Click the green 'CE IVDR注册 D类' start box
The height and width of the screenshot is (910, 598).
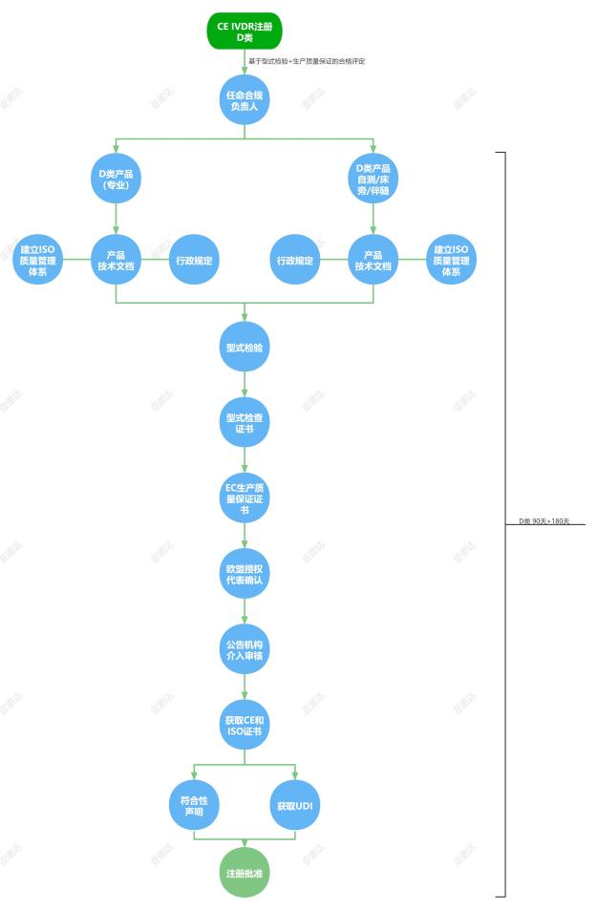245,32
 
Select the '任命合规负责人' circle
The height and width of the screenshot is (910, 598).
245,100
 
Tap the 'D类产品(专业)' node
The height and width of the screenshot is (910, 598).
117,179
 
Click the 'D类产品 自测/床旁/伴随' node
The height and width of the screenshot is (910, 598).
374,179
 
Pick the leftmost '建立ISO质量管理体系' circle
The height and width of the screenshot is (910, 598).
38,260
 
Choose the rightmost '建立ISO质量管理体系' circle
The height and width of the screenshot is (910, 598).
451,260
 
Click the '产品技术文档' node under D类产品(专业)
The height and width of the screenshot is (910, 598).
117,260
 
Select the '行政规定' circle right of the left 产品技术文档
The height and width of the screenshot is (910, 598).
194,260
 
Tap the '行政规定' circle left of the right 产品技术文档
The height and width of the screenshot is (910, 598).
295,260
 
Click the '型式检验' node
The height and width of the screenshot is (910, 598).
245,347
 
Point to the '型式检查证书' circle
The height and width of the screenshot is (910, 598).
245,422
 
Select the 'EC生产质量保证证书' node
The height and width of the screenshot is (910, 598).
245,497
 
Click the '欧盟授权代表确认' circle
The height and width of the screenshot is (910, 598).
245,573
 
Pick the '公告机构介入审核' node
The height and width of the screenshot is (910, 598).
245,648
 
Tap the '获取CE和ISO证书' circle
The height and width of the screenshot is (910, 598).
245,725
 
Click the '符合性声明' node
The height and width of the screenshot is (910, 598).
194,806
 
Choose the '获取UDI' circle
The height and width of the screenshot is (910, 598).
295,806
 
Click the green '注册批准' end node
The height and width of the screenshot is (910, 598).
245,872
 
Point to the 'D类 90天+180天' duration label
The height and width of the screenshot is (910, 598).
544,521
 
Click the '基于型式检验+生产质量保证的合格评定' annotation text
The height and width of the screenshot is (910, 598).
307,61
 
